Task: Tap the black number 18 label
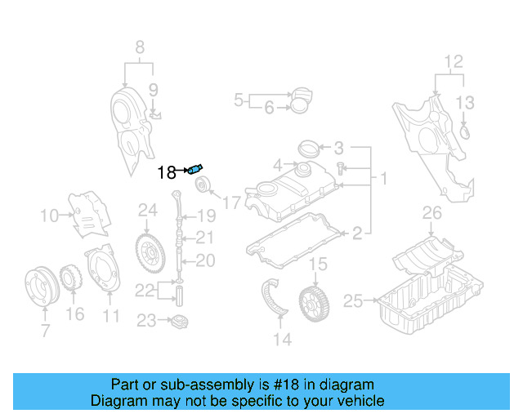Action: [166, 172]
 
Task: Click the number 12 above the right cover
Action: [453, 61]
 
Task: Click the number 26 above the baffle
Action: [431, 214]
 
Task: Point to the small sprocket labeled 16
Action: [70, 278]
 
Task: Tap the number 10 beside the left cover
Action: [49, 216]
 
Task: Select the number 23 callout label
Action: [145, 321]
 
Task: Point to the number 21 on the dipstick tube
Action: [204, 238]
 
